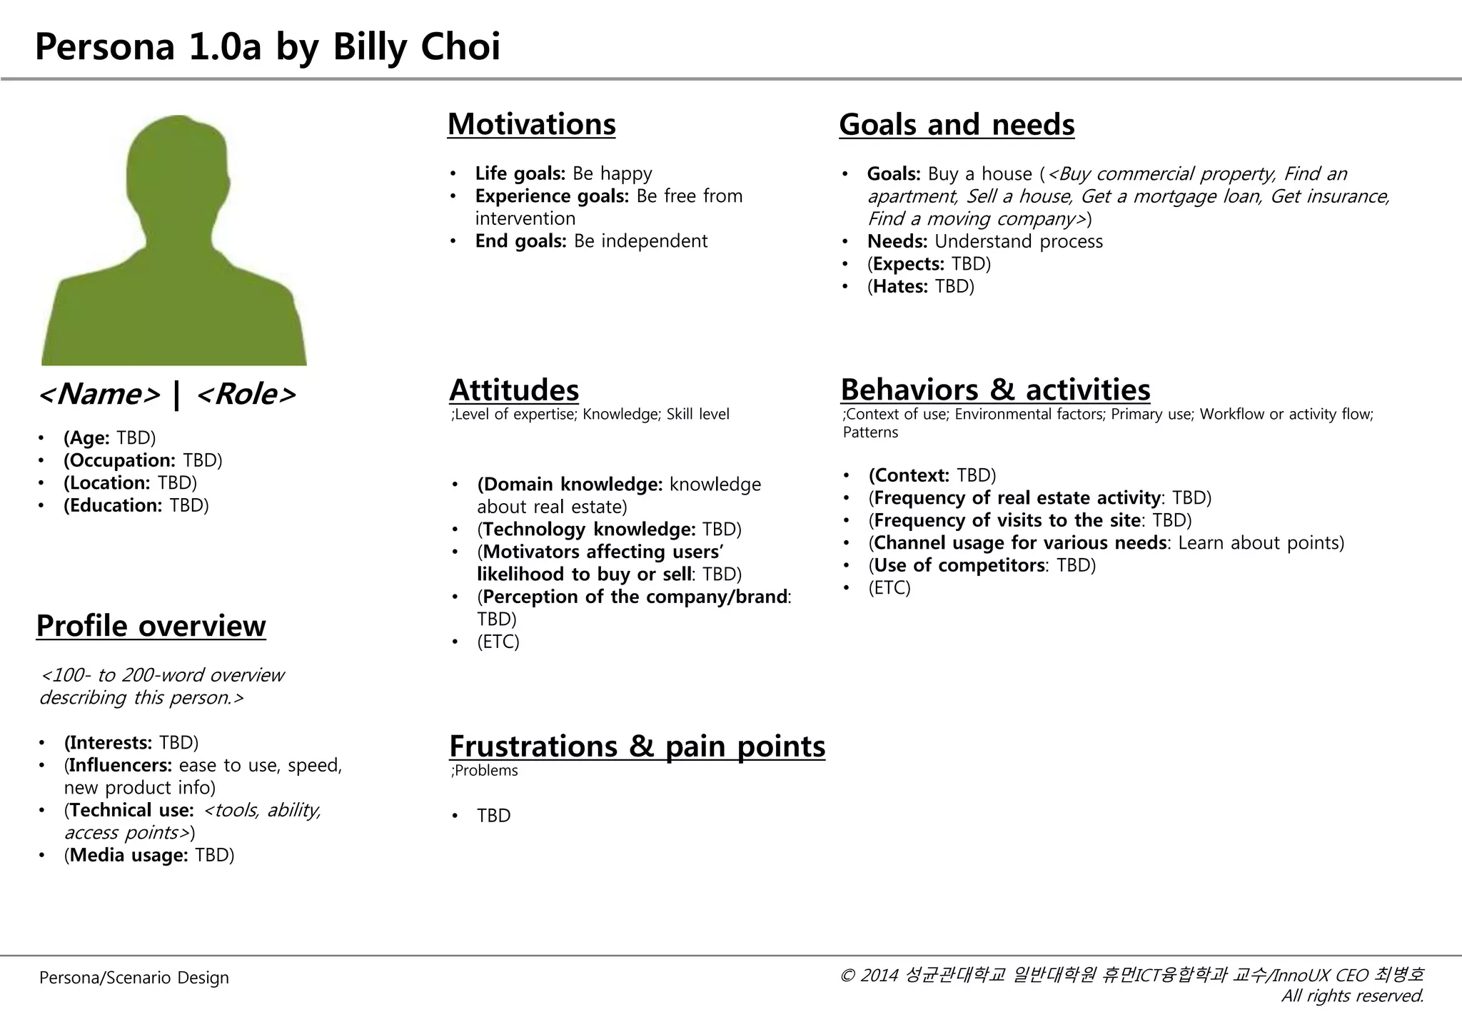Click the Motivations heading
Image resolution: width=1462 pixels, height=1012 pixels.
[x=531, y=124]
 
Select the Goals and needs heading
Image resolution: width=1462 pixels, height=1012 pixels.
[x=956, y=125]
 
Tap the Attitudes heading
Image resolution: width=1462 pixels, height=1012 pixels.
[x=514, y=390]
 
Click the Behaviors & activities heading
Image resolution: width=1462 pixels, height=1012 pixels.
[x=995, y=390]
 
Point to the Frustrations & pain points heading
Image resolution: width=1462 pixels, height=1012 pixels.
[x=637, y=747]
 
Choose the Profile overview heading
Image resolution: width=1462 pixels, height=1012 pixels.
[x=151, y=626]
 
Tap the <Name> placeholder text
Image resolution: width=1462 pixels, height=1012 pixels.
[x=99, y=394]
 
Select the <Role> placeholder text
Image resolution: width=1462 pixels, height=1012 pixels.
[x=245, y=394]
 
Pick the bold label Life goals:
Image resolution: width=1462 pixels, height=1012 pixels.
[x=520, y=173]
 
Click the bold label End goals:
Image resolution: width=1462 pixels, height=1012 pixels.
[x=520, y=241]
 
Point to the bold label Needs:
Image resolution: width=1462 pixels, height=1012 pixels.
[x=897, y=241]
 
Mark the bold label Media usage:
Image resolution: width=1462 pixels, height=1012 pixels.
[x=128, y=855]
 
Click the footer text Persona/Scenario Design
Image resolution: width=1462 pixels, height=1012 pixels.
[x=134, y=978]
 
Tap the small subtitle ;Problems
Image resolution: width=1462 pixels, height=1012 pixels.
[x=485, y=771]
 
